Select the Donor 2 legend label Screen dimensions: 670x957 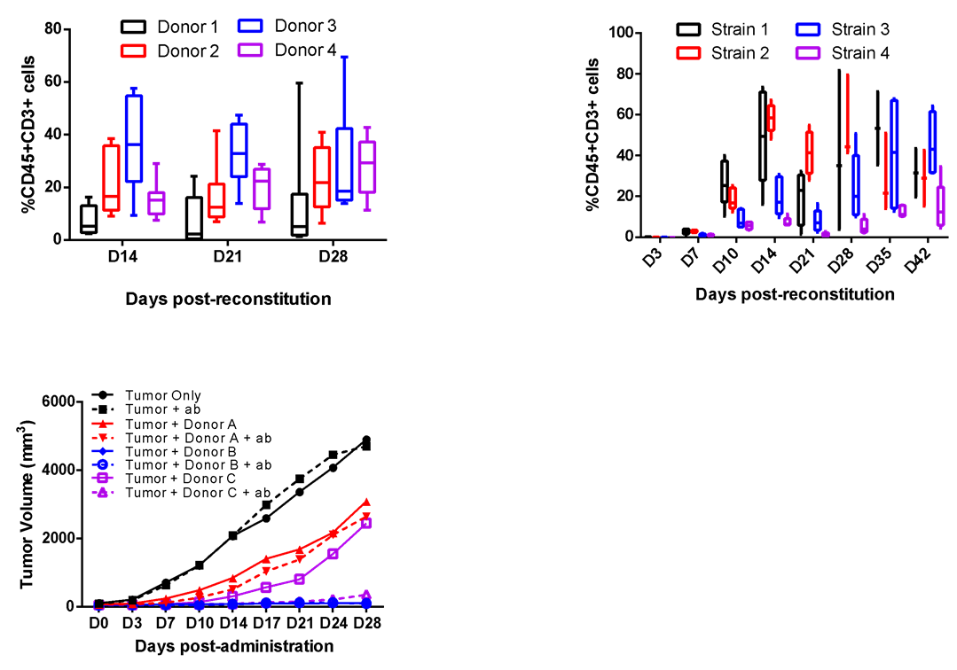[187, 51]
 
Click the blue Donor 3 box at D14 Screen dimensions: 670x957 [134, 137]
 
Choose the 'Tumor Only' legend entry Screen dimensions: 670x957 [162, 396]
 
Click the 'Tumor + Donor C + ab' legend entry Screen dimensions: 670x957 [198, 493]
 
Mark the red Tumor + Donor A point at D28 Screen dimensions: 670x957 [365, 502]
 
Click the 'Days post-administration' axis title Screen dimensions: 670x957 [234, 646]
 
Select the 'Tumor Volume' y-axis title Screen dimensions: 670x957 [28, 504]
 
